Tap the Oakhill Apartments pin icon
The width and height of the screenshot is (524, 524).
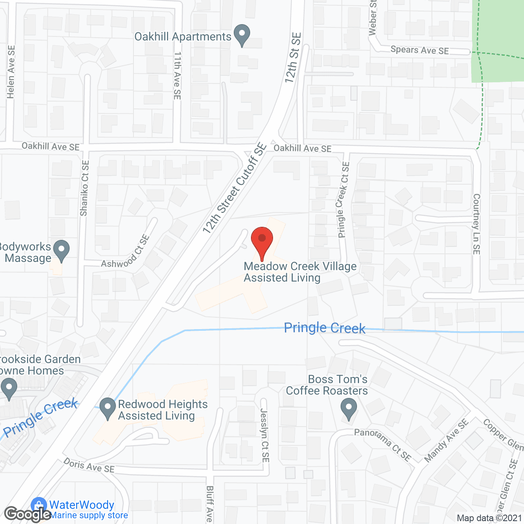(242, 35)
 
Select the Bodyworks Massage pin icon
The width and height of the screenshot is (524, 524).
(61, 250)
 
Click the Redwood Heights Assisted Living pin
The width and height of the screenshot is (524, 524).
(108, 408)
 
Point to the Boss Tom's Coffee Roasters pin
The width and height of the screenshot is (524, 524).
(349, 409)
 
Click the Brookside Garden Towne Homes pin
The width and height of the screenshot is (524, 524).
(9, 388)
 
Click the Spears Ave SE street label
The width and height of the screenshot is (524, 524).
(420, 50)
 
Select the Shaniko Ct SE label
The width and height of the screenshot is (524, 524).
(84, 188)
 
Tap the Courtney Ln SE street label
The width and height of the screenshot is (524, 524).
(477, 224)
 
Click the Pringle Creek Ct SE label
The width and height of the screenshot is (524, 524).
(343, 200)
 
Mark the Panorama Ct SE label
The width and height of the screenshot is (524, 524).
(382, 445)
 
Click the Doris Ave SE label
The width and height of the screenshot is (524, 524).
(89, 465)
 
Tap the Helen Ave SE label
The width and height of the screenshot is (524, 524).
(11, 72)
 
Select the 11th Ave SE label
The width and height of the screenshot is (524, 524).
(177, 75)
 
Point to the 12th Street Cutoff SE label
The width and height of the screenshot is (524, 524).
(235, 189)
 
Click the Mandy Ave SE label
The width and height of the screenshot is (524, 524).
(446, 441)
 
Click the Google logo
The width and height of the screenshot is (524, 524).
(27, 514)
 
